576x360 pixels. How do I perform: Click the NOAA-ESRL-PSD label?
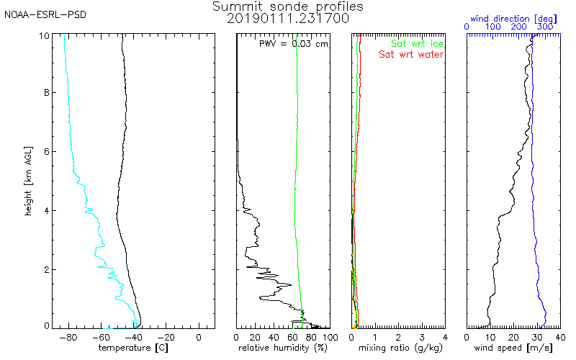point(45,15)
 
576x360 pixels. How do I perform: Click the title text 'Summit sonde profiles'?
point(287,6)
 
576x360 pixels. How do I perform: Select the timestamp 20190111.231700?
point(287,19)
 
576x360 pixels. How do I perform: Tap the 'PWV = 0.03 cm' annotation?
point(294,44)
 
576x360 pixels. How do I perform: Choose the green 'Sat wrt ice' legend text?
point(417,44)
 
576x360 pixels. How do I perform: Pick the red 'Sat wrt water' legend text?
point(411,55)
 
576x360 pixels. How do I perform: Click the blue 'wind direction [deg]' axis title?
point(513,19)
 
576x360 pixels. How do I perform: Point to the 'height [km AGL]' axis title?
point(28,181)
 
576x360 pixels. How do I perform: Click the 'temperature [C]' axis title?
point(133,348)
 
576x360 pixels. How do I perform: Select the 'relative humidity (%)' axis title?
point(282,348)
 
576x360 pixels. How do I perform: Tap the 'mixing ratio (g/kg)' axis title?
point(400,348)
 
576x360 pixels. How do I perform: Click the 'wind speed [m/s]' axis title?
point(513,348)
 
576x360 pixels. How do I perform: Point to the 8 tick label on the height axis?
point(47,93)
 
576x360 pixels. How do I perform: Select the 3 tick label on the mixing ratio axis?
point(422,337)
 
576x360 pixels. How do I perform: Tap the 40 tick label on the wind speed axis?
point(560,337)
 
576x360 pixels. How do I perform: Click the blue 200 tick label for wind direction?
point(518,27)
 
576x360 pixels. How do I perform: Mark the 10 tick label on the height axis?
point(44,35)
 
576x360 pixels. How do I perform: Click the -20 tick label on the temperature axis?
point(166,337)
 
